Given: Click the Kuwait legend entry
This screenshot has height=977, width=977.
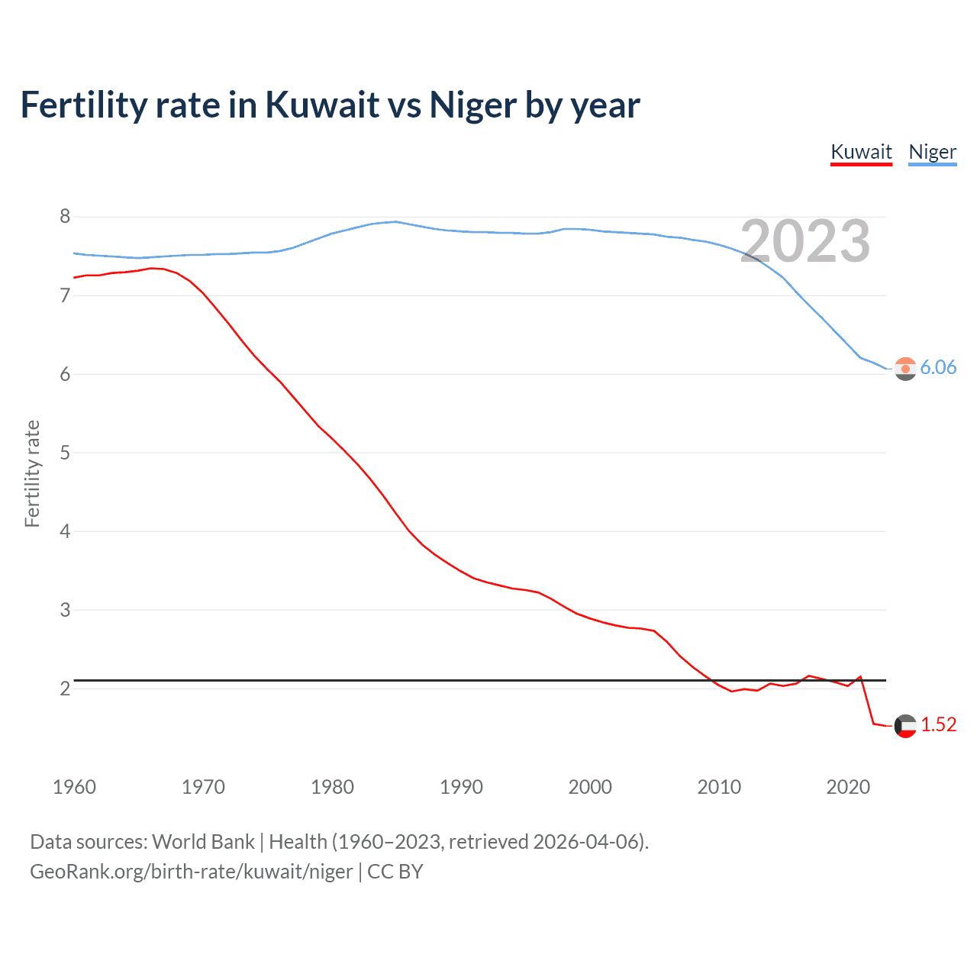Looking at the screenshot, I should click(861, 152).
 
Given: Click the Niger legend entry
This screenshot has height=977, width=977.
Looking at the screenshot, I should click(932, 152).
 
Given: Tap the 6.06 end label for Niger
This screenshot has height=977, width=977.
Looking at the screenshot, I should click(938, 367).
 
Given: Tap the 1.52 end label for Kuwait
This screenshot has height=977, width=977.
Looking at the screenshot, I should click(938, 724).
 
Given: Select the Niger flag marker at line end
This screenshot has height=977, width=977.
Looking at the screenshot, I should click(905, 369).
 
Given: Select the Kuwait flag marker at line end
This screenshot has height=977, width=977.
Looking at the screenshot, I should click(905, 726).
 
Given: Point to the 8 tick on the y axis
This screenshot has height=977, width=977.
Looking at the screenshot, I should click(65, 217).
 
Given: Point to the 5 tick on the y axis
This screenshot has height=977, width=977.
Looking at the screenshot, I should click(65, 453).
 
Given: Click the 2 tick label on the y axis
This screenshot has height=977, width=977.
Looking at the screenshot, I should click(65, 688).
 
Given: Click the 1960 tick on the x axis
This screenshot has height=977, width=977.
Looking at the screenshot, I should click(74, 787).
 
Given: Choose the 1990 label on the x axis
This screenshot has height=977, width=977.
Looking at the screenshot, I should click(461, 787).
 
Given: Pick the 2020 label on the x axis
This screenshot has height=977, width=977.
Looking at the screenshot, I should click(848, 787).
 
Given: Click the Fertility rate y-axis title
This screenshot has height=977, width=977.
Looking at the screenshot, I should click(32, 473).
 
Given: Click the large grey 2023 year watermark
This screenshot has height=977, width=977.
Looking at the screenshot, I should click(804, 241).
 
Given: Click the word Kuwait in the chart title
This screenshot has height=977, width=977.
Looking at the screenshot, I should click(321, 105).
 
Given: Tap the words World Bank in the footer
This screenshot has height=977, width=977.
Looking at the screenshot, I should click(203, 841).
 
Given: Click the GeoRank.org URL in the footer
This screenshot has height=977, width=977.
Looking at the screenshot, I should click(191, 871).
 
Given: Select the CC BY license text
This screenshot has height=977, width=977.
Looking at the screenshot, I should click(395, 871).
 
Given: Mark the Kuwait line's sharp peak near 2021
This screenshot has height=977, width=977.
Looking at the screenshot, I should click(860, 676).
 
